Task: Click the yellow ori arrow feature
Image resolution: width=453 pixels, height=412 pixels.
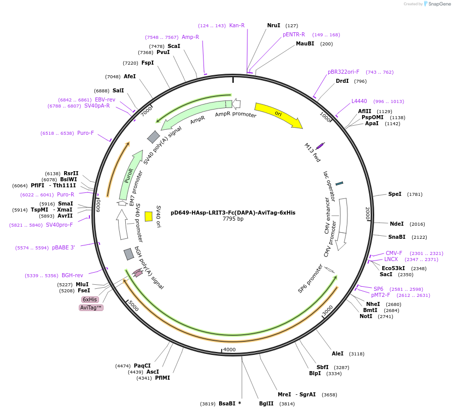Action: [278, 115]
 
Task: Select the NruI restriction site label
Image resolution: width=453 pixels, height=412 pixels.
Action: [274, 25]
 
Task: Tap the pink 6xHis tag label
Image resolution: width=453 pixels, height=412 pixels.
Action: [90, 299]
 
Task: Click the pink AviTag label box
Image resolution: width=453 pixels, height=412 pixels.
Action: [91, 307]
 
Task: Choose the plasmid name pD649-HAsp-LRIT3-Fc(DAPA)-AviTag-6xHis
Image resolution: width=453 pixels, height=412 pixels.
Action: [233, 213]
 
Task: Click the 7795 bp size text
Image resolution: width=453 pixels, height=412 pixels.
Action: [233, 219]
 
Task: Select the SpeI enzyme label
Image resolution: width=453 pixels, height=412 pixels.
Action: [395, 194]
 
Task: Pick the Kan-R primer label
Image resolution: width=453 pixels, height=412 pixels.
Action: [237, 25]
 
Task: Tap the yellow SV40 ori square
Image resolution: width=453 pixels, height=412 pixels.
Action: [148, 216]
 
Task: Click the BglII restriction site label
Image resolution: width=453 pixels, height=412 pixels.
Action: [266, 403]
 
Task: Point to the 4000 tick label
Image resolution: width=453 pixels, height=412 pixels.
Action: [229, 349]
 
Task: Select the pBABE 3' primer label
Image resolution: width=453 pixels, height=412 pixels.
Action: [63, 247]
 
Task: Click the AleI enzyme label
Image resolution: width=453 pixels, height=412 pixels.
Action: [337, 353]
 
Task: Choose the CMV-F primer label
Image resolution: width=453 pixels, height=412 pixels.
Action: [394, 253]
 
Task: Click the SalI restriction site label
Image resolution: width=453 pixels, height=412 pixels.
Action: [118, 90]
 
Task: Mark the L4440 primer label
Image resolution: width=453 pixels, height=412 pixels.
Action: [359, 101]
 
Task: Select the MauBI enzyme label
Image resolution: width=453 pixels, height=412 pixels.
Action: [305, 43]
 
